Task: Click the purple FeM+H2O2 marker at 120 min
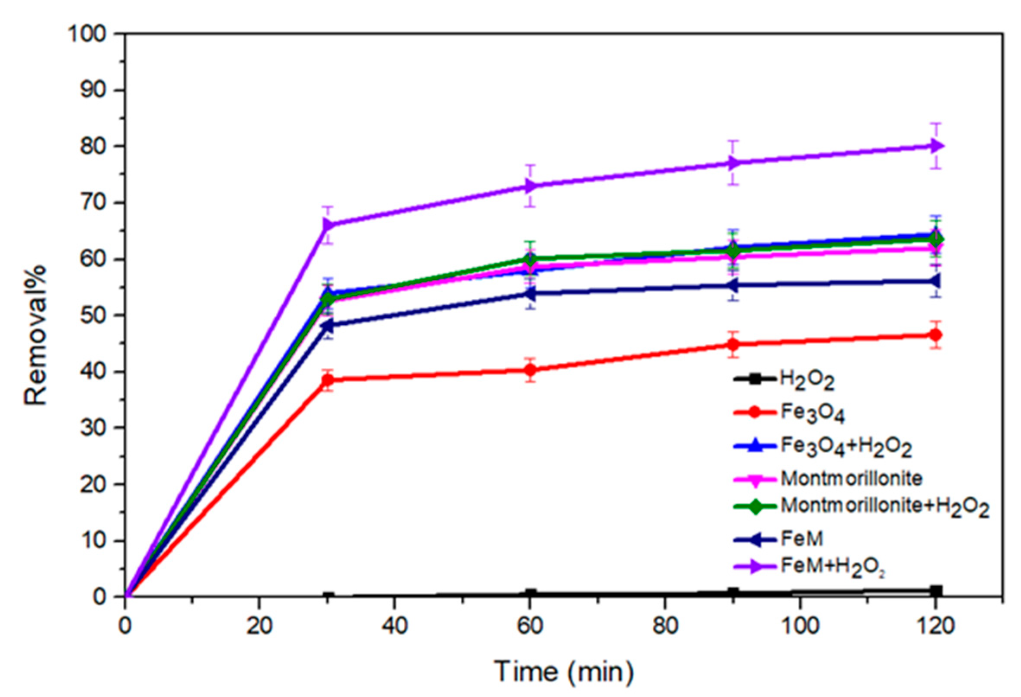point(936,146)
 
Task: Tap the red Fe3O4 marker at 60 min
point(531,370)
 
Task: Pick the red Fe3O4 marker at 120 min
point(936,335)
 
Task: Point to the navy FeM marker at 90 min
point(732,285)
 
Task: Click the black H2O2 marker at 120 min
point(936,591)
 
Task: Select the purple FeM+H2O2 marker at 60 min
point(531,186)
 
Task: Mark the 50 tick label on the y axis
point(93,316)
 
